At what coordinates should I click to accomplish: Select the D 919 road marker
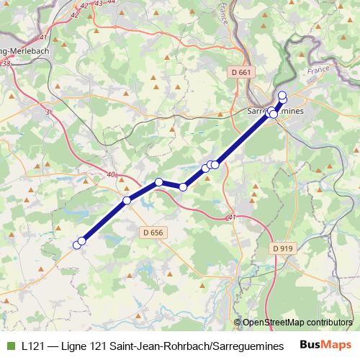click(x=284, y=248)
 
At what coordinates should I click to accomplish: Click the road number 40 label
click(x=110, y=174)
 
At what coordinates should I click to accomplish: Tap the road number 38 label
click(x=7, y=63)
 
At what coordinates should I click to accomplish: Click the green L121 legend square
click(x=11, y=345)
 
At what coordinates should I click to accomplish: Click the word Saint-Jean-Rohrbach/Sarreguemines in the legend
click(x=202, y=345)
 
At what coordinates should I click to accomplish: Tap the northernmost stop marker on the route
click(x=282, y=95)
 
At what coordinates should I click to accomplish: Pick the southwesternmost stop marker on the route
click(x=78, y=245)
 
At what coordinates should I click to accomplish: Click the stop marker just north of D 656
click(x=127, y=200)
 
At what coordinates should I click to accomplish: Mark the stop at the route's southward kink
click(x=183, y=187)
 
